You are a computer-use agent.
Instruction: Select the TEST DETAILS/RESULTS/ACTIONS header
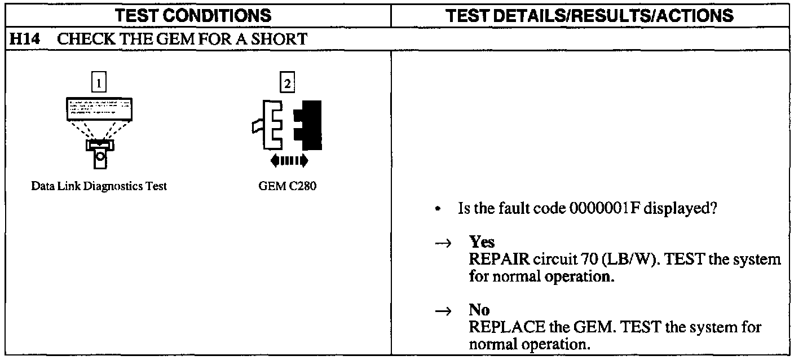[592, 15]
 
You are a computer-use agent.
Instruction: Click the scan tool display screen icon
[100, 108]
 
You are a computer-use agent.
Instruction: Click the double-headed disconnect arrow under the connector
[289, 160]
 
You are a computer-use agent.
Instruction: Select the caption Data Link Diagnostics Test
[99, 187]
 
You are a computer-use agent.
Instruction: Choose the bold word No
[479, 310]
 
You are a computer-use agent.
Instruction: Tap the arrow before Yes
[445, 243]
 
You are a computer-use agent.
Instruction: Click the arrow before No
[445, 310]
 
